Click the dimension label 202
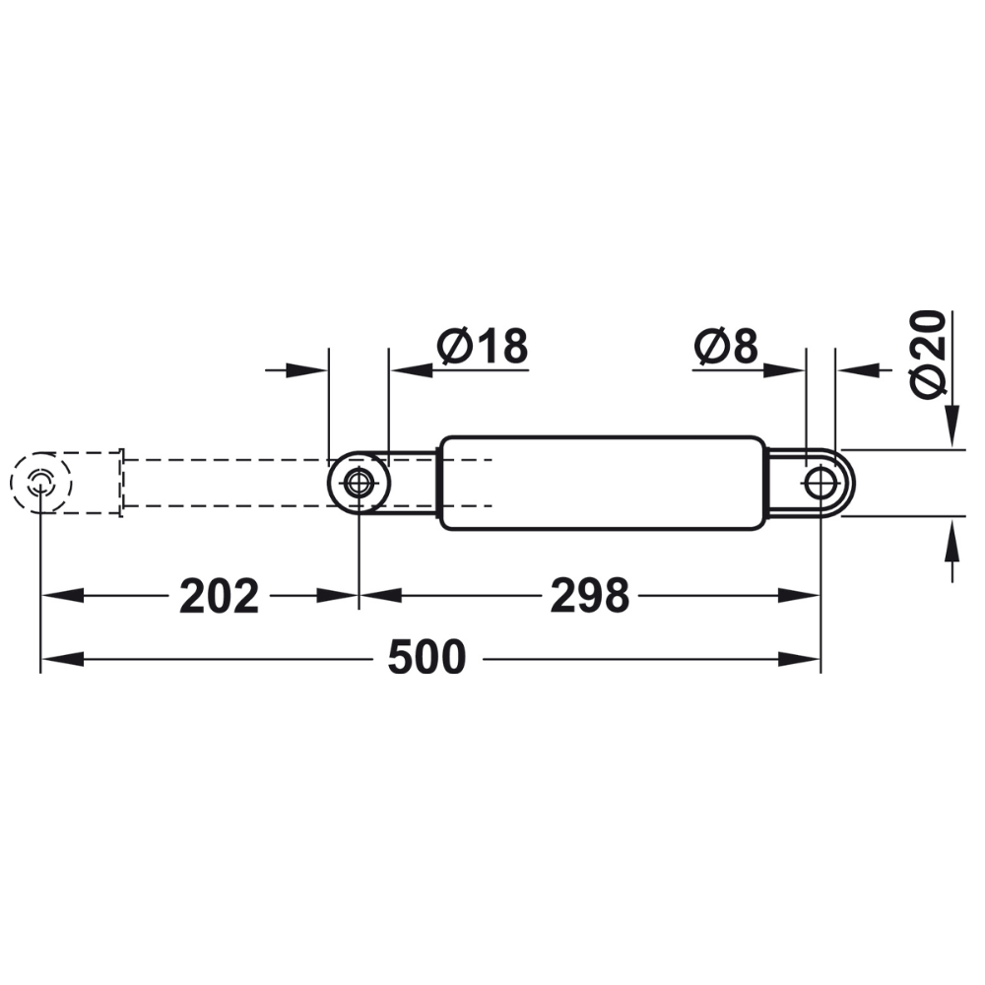(x=219, y=596)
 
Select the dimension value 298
(x=589, y=596)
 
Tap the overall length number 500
(x=426, y=658)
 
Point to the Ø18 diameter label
(x=483, y=347)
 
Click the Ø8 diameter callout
(x=726, y=347)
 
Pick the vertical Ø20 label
(x=928, y=355)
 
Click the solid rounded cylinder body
(x=601, y=483)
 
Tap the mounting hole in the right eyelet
(x=820, y=483)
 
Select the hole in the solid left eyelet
(x=359, y=483)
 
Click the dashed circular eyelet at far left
(x=40, y=483)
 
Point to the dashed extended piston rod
(x=227, y=483)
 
